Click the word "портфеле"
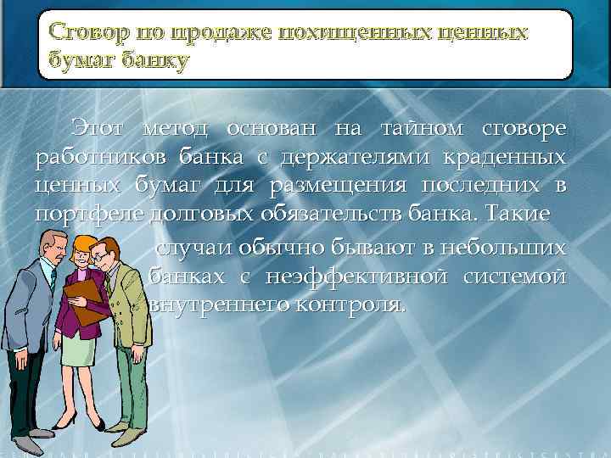click(88, 214)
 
